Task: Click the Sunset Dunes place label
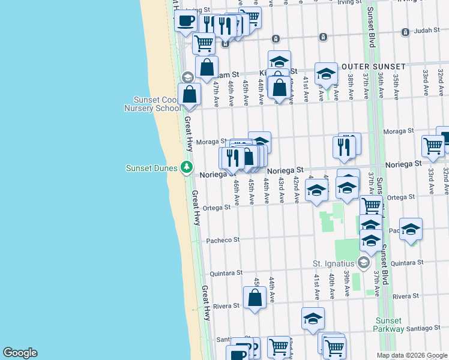pyautogui.click(x=151, y=168)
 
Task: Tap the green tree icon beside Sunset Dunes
pyautogui.click(x=188, y=167)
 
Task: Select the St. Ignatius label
pyautogui.click(x=334, y=263)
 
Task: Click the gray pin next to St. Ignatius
pyautogui.click(x=363, y=262)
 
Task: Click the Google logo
pyautogui.click(x=20, y=353)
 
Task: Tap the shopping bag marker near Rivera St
pyautogui.click(x=255, y=297)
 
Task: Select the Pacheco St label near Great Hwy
pyautogui.click(x=223, y=240)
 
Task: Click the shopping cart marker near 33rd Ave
pyautogui.click(x=432, y=146)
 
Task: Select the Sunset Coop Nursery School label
pyautogui.click(x=152, y=104)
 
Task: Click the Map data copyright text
pyautogui.click(x=412, y=355)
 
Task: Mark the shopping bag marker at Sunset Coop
pyautogui.click(x=190, y=95)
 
